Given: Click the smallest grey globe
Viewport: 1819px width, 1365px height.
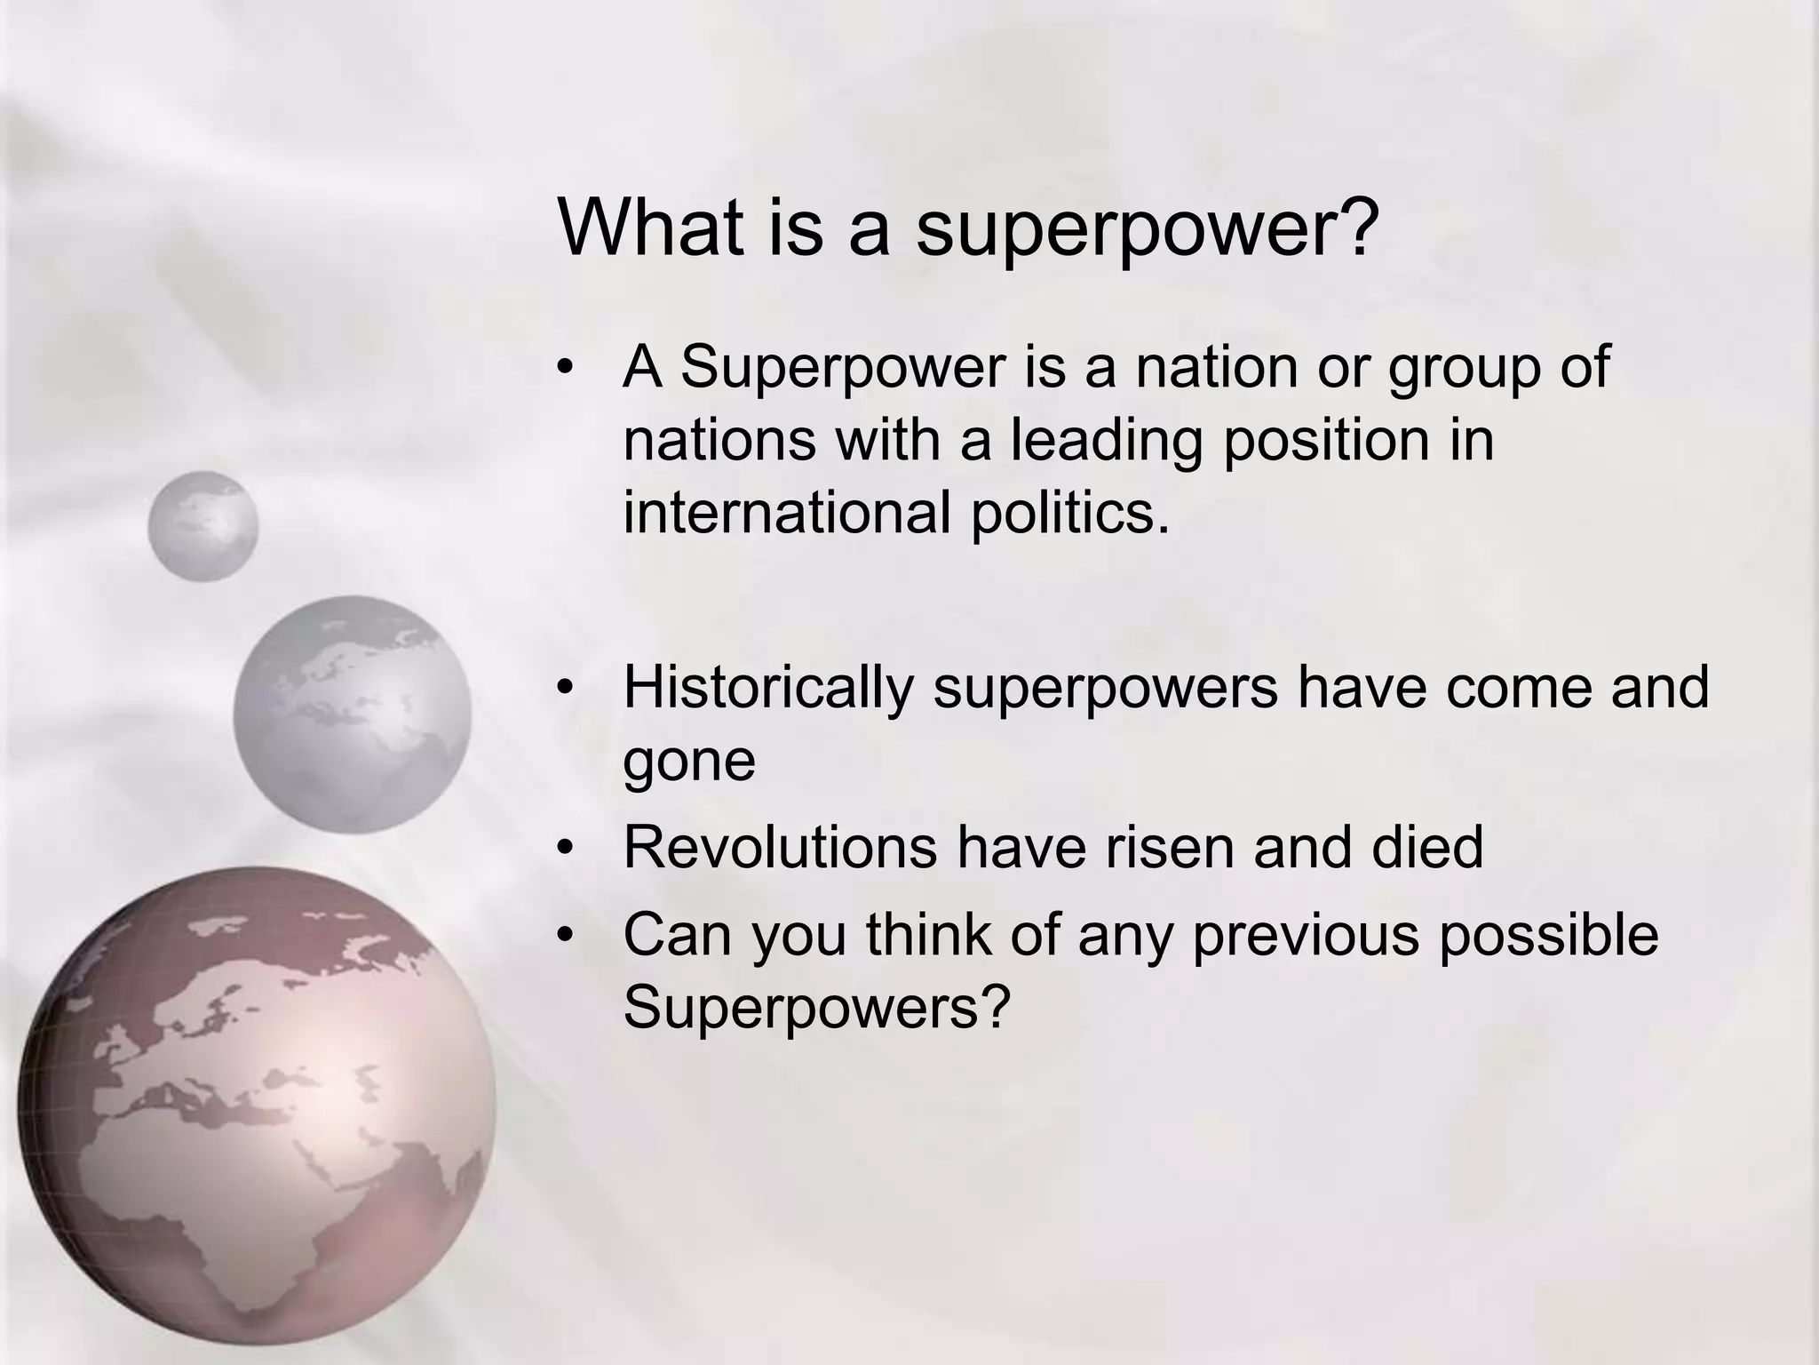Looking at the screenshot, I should pos(203,526).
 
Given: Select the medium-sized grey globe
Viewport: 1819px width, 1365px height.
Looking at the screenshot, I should pos(353,714).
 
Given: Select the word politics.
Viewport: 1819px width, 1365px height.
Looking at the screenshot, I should pos(1070,513).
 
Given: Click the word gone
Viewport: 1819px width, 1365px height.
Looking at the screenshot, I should pos(689,761).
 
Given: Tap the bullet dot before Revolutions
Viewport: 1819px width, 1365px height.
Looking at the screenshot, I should pos(567,848).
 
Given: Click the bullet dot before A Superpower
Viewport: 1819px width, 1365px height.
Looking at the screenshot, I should pos(567,367).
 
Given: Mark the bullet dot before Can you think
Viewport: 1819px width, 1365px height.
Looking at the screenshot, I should pos(567,936).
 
